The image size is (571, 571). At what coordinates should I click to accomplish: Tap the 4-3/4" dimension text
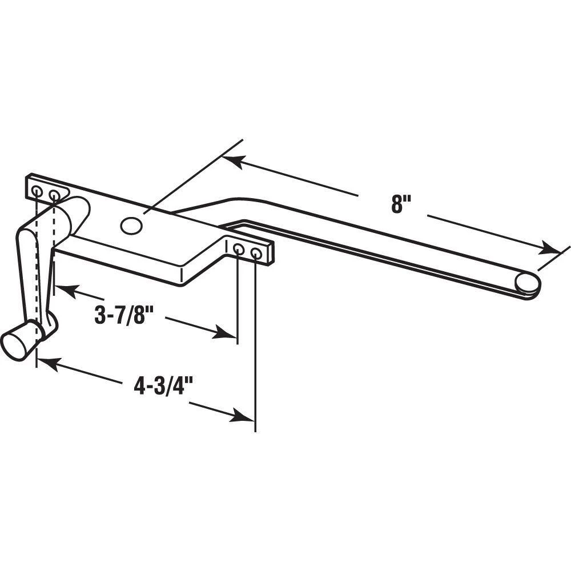click(163, 386)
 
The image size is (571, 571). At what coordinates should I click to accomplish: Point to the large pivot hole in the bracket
click(131, 226)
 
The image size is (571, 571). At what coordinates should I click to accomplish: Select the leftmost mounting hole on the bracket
click(37, 191)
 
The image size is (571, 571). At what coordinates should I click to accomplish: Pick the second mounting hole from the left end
click(54, 195)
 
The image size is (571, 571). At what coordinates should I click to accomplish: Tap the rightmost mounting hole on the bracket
click(256, 254)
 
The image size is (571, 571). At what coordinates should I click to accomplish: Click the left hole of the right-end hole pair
click(238, 249)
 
